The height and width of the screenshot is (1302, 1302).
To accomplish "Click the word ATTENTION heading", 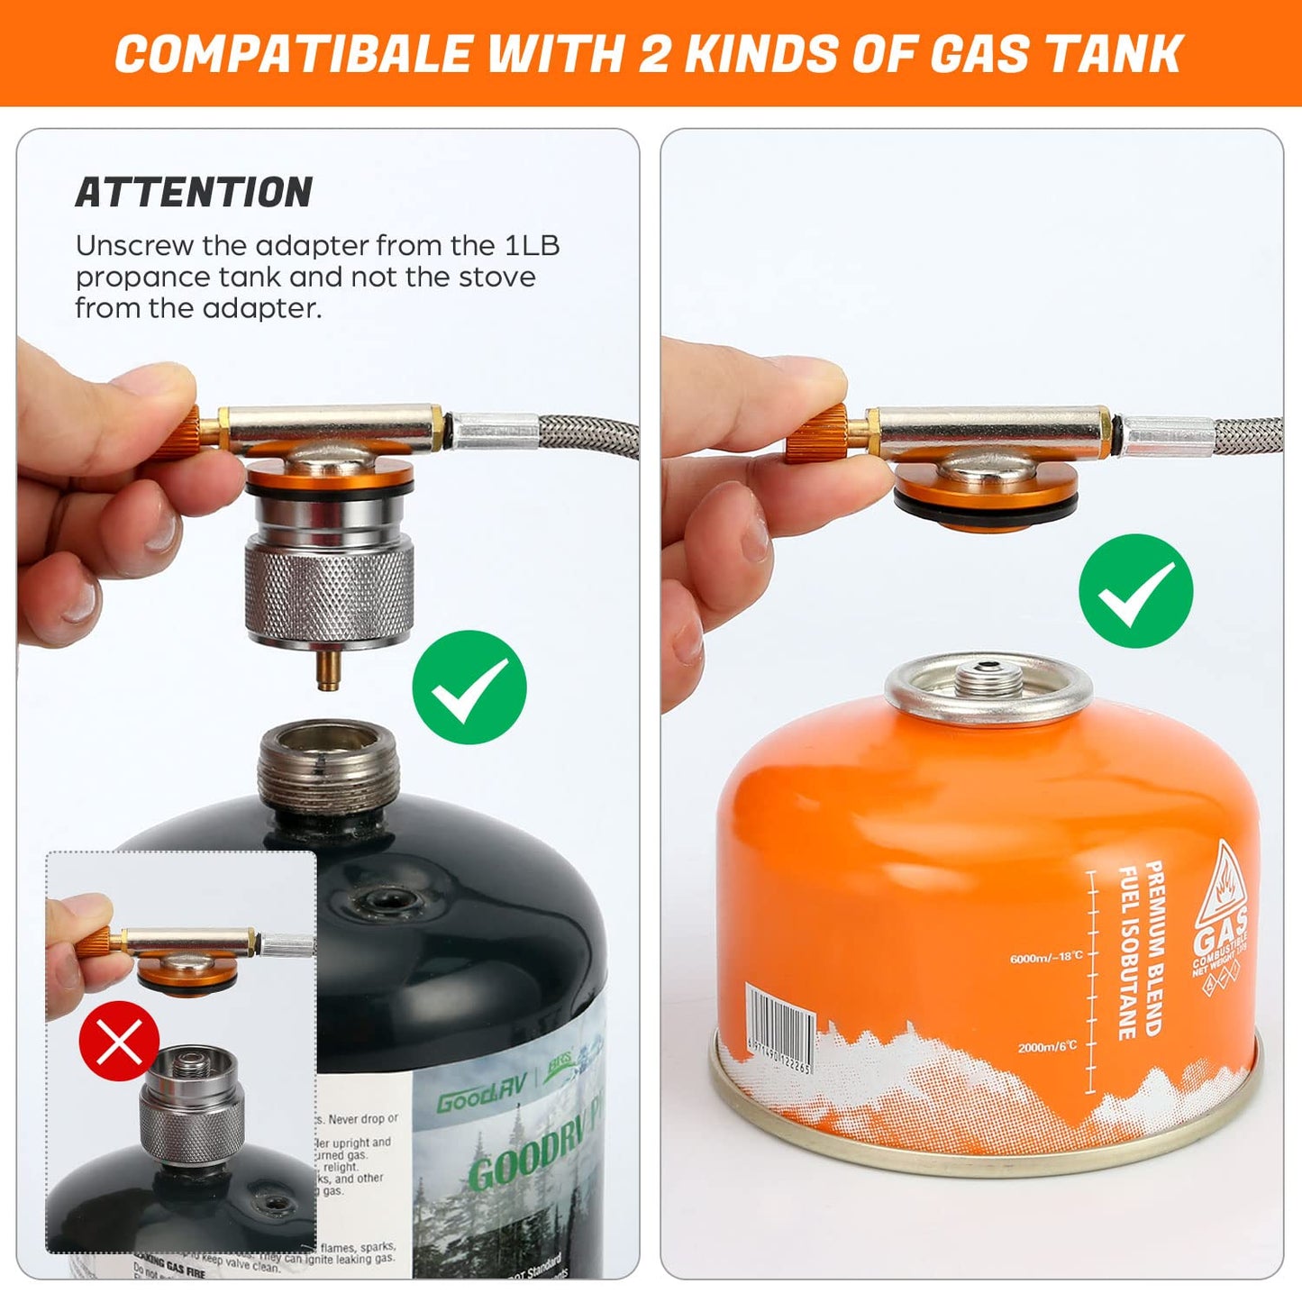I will point(194,192).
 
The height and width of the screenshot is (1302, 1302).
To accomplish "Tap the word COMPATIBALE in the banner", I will point(294,53).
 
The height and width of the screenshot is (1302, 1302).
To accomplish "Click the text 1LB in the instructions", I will point(532,245).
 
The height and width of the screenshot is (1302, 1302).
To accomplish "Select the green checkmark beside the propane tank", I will point(469,687).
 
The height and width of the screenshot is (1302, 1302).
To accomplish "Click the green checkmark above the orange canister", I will point(1135,590).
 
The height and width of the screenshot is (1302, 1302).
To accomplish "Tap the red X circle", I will point(119,1041).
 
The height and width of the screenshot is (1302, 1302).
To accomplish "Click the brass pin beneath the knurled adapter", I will point(328,671).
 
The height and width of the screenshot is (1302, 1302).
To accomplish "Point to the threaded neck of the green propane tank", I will point(328,766).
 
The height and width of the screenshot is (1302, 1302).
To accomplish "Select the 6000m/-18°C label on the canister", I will point(1046,957).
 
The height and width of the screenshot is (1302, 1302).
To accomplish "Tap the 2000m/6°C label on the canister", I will point(1047,1046).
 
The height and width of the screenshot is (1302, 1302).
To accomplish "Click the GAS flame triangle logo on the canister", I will point(1221,910).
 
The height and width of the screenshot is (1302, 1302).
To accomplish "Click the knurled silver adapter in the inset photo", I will point(191,1126).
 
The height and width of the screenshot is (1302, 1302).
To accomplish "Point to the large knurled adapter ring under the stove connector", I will point(329,593).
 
